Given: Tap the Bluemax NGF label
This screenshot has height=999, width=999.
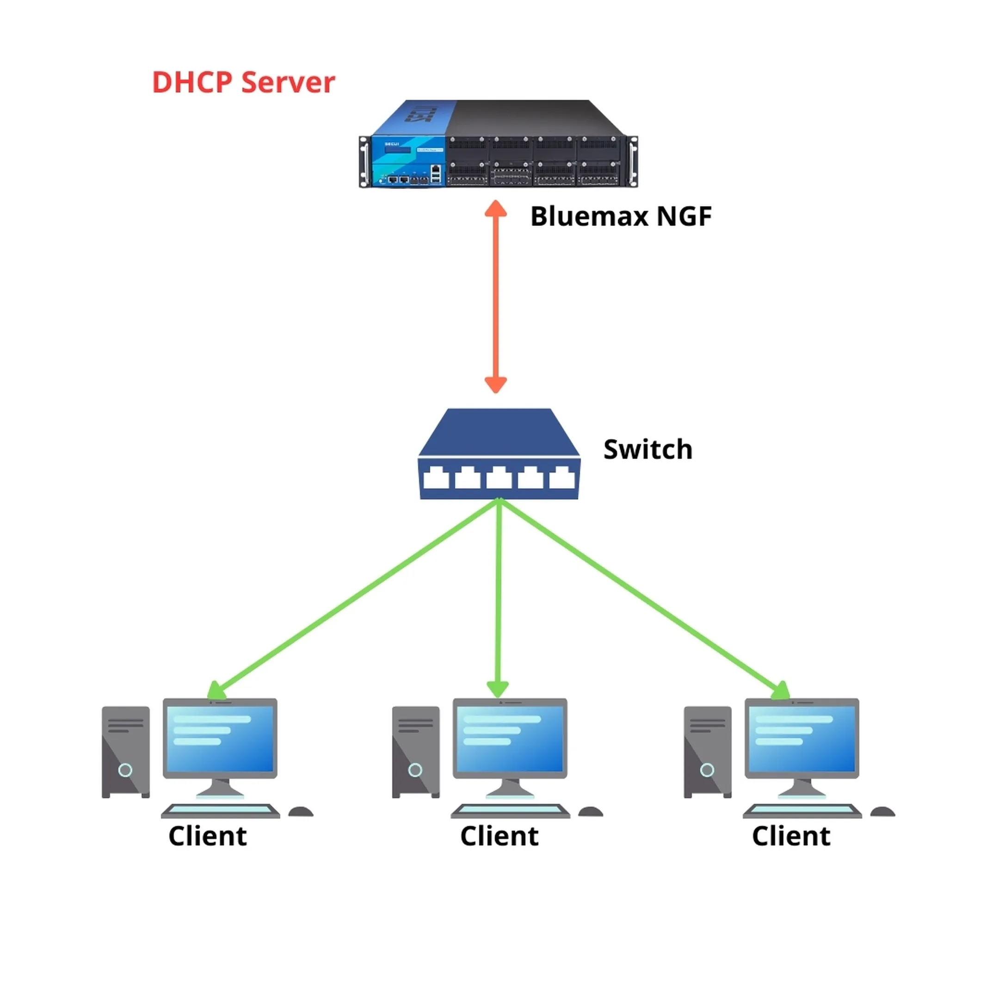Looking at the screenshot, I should (x=621, y=216).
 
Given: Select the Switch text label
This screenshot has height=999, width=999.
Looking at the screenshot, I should (x=647, y=449).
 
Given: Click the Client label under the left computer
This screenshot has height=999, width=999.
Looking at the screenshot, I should (x=207, y=836).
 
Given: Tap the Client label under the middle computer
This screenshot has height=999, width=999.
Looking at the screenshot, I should (x=499, y=836).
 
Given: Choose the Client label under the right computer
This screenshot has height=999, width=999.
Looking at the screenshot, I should (x=790, y=836).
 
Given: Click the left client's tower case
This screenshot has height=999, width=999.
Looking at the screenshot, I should (x=126, y=752).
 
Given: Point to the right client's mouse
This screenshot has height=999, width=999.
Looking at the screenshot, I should (x=882, y=812).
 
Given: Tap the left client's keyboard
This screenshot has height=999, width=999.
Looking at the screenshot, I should (x=220, y=811).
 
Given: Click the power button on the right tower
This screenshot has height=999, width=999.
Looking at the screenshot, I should (x=707, y=771).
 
